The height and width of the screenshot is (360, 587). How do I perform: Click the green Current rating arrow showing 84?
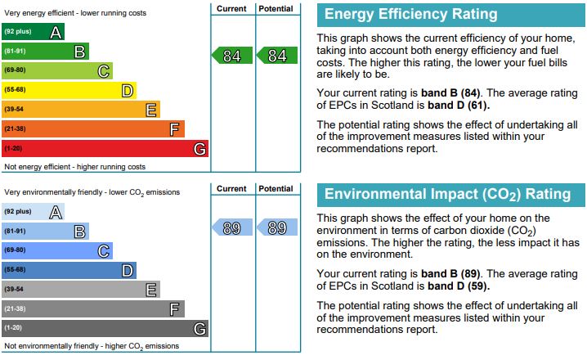[x=232, y=56]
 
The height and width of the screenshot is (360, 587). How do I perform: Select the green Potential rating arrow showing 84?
[x=277, y=56]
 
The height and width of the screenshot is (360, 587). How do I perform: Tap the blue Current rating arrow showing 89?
[x=232, y=227]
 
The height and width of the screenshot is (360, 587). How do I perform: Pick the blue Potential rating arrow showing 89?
[x=277, y=227]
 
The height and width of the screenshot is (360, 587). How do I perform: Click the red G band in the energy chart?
[x=105, y=148]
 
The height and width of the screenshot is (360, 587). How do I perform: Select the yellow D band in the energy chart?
[x=69, y=90]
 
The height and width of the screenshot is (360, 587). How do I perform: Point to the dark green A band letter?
[x=56, y=32]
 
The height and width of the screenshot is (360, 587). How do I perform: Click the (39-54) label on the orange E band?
[x=14, y=109]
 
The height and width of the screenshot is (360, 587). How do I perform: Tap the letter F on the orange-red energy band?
[x=174, y=129]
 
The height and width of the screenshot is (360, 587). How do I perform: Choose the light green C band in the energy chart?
[x=57, y=71]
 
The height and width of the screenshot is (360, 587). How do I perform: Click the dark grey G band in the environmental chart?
[x=105, y=328]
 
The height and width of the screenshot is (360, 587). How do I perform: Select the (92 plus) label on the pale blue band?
[x=18, y=211]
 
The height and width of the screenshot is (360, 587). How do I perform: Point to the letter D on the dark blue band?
[x=128, y=271]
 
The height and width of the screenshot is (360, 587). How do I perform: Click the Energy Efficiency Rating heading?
[x=410, y=14]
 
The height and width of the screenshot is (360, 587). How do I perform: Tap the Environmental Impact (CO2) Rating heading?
[x=447, y=195]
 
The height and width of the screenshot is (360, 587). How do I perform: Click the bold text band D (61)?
[x=459, y=106]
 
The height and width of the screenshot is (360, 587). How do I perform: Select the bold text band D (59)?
[x=459, y=286]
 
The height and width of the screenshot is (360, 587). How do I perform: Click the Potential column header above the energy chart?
[x=276, y=9]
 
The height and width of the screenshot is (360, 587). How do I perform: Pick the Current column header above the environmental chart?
[x=231, y=189]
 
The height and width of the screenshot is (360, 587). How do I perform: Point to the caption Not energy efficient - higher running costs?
[x=75, y=167]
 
